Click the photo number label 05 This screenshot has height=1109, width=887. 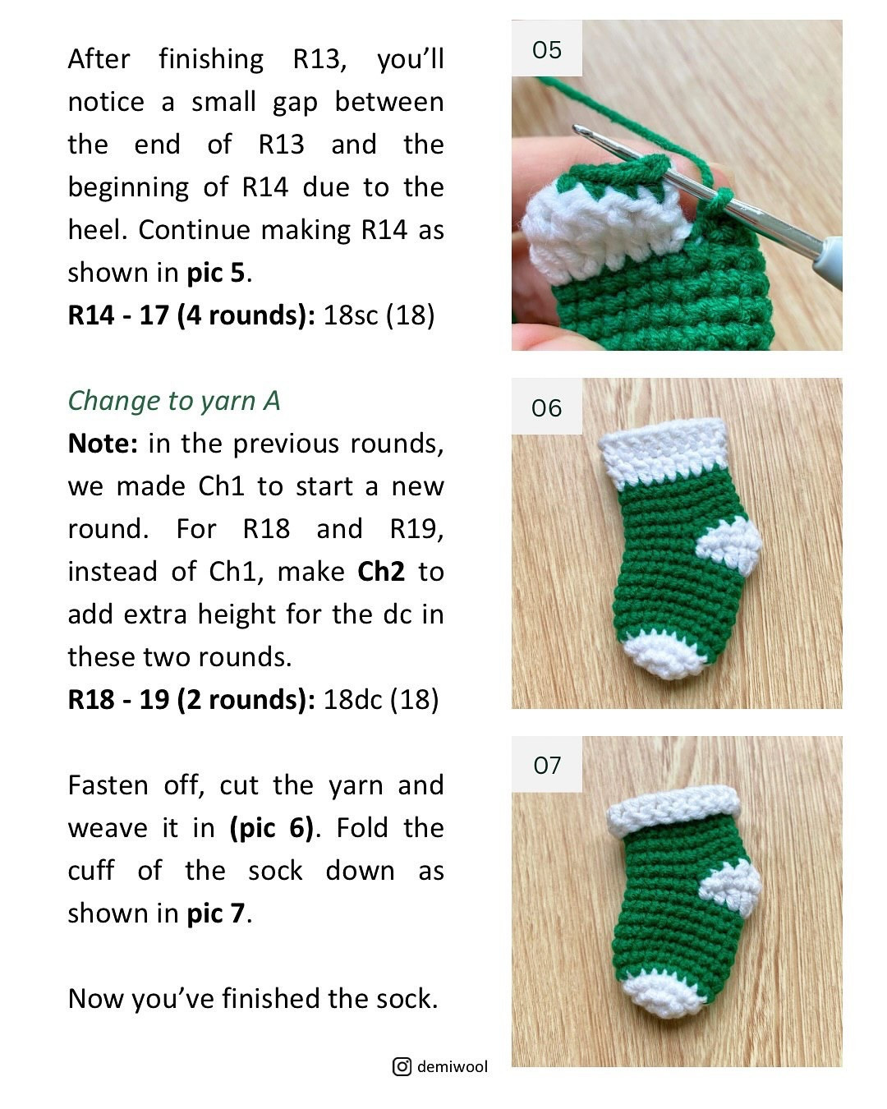coord(546,49)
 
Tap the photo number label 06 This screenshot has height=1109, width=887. coord(546,407)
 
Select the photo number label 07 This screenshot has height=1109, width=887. coord(546,765)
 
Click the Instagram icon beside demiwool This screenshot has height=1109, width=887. coord(402,1066)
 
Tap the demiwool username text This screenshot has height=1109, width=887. coord(452,1066)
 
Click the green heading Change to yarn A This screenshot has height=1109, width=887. coord(174,400)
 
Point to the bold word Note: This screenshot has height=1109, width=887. coord(103,444)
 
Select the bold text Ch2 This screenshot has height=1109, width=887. coord(381,571)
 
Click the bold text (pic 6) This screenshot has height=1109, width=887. coord(272,827)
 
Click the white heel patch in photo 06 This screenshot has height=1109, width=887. coord(729,543)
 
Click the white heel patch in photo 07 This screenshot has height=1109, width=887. coord(731,886)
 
